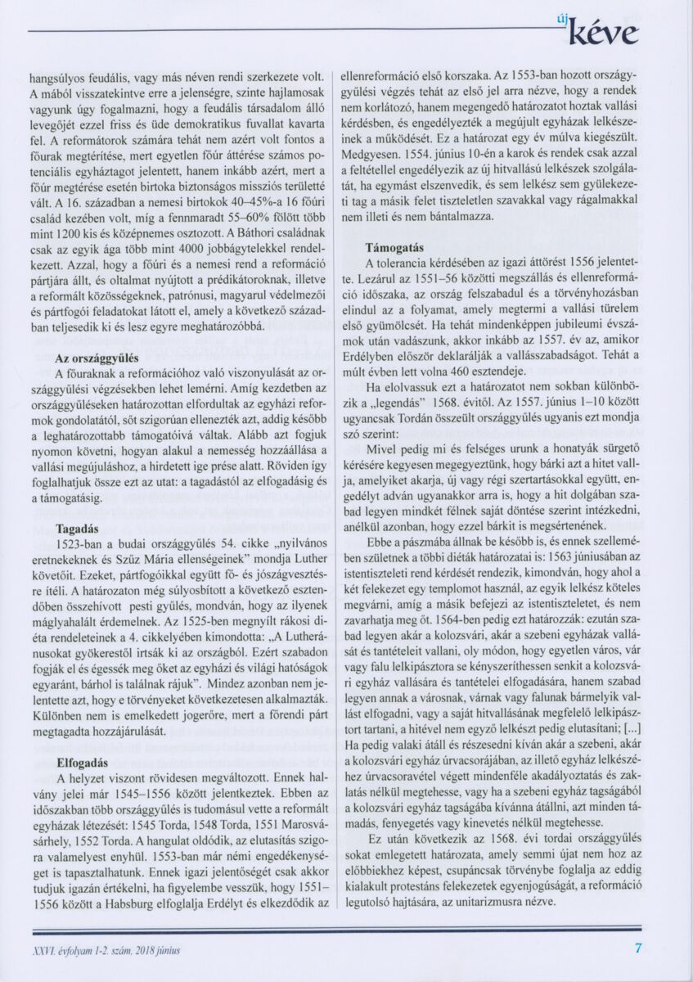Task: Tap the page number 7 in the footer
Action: pos(638,949)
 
